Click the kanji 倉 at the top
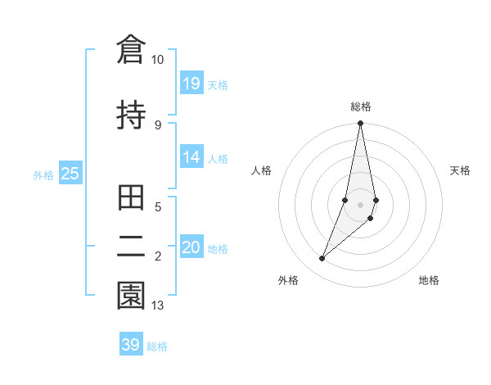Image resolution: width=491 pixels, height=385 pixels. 131,49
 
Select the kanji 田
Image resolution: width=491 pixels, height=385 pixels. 131,199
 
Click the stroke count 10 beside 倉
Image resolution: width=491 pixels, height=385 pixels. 157,60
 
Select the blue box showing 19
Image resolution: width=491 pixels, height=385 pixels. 191,83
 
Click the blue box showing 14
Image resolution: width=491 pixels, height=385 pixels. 191,157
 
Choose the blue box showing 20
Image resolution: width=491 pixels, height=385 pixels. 191,247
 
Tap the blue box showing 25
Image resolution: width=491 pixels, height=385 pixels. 70,174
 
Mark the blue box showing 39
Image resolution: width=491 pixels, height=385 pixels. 131,345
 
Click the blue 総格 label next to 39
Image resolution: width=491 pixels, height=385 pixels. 158,346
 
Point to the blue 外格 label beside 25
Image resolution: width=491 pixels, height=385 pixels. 43,175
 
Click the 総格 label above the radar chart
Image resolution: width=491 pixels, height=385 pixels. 361,106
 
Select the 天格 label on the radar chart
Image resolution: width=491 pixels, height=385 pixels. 461,170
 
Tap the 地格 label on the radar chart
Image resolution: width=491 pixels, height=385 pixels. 429,280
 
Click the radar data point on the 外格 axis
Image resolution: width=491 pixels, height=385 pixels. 322,259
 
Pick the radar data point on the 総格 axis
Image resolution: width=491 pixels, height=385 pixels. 361,124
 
